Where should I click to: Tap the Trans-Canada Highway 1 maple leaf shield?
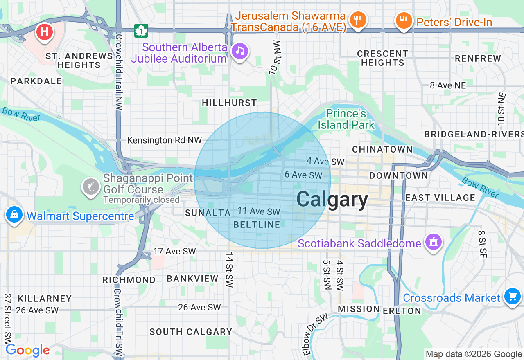(141, 30)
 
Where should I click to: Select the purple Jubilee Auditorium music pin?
(240, 51)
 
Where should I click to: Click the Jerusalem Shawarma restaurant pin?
(358, 19)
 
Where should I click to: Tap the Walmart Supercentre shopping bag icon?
(14, 214)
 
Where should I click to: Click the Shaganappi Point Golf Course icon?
(90, 187)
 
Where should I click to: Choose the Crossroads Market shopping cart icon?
(512, 296)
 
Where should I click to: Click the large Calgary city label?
(332, 200)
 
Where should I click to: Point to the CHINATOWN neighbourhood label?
(382, 149)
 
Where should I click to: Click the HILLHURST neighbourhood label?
(229, 103)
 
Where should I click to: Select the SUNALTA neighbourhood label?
(208, 213)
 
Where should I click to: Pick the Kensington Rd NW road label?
(165, 140)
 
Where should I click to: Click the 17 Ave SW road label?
(174, 251)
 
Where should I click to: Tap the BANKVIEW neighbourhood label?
(192, 279)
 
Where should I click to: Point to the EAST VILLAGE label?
(440, 198)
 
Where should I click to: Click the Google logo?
(27, 350)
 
